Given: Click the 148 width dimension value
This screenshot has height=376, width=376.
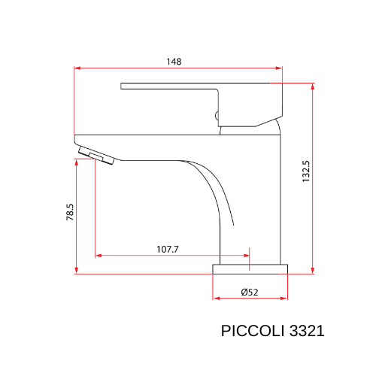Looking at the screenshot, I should pyautogui.click(x=175, y=61).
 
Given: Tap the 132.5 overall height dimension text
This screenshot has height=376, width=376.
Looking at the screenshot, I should pyautogui.click(x=305, y=171).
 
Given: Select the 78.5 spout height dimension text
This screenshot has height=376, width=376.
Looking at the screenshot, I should pyautogui.click(x=69, y=212).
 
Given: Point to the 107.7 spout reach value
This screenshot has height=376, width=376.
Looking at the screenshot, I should pyautogui.click(x=166, y=249).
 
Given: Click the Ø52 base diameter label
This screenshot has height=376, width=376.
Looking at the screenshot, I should pyautogui.click(x=250, y=292).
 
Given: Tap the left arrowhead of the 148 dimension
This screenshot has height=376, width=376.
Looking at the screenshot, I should pyautogui.click(x=77, y=68).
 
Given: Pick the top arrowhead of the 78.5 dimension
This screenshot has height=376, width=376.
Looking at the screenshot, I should pyautogui.click(x=77, y=165).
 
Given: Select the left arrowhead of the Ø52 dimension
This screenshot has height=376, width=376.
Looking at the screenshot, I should pyautogui.click(x=217, y=299).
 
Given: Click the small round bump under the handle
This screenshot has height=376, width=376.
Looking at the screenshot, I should pyautogui.click(x=217, y=116).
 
